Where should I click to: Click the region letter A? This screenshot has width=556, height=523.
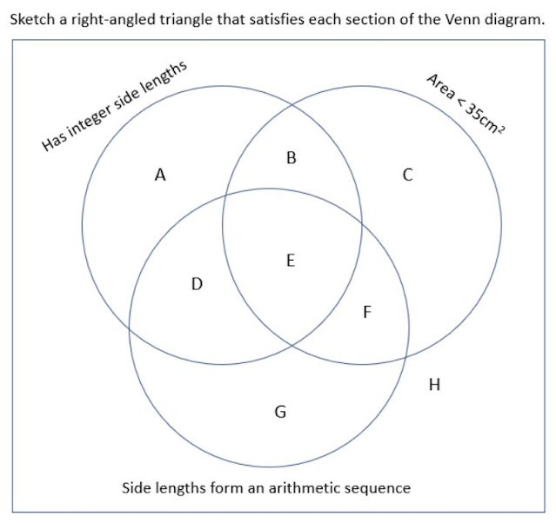click(160, 175)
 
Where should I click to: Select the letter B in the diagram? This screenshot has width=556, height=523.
click(291, 158)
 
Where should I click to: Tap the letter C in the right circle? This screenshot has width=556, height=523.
click(407, 175)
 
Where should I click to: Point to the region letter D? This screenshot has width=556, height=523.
click(197, 283)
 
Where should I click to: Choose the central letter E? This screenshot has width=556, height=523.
click(291, 259)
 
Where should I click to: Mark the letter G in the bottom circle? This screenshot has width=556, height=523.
click(280, 412)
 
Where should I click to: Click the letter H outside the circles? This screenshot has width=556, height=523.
click(435, 385)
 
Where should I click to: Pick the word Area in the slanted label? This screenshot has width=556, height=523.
click(439, 88)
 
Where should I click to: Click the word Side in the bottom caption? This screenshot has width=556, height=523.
click(136, 487)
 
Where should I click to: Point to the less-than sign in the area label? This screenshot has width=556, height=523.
click(458, 101)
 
